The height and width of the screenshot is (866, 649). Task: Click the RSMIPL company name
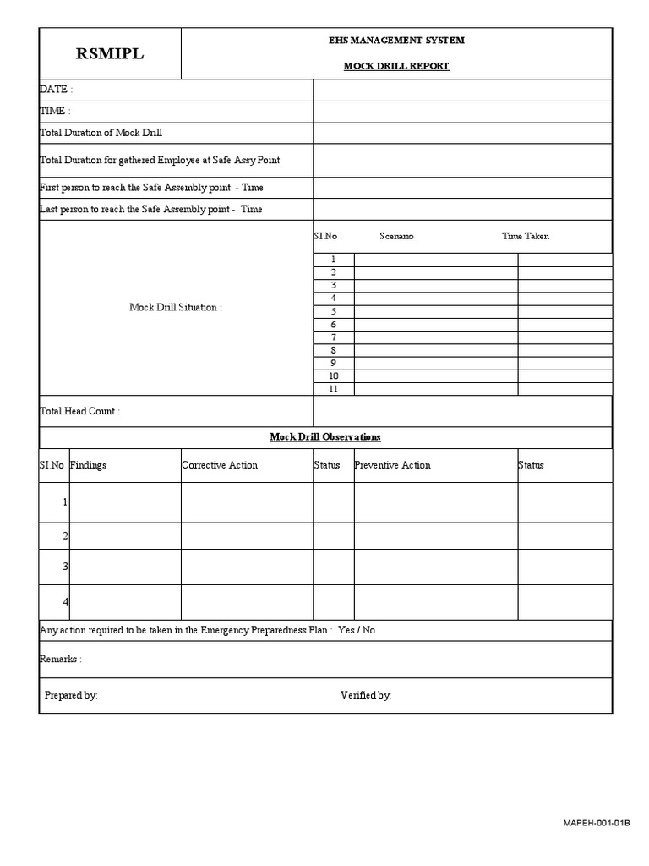(110, 54)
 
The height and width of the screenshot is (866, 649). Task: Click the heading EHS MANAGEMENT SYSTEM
(396, 41)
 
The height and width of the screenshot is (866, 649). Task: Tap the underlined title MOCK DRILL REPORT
(396, 66)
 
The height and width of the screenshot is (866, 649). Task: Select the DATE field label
(57, 90)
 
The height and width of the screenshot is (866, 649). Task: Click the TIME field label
(55, 111)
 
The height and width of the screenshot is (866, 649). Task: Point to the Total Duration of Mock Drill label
(101, 133)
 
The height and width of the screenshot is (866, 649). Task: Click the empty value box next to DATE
(462, 90)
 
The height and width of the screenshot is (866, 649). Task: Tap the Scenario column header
(396, 236)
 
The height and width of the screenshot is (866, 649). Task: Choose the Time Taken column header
(526, 236)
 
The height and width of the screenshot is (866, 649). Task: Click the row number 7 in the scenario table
(334, 337)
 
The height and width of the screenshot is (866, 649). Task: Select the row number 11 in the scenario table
(334, 389)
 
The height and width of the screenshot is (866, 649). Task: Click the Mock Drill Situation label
(176, 308)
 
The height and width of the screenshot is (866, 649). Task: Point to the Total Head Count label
(80, 411)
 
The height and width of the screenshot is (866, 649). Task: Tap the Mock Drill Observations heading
(325, 436)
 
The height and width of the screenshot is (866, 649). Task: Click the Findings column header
(88, 465)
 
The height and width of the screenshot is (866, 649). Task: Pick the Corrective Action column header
(220, 465)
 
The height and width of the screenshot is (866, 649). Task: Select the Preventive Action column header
(392, 465)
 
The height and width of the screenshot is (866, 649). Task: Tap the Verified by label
(366, 695)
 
